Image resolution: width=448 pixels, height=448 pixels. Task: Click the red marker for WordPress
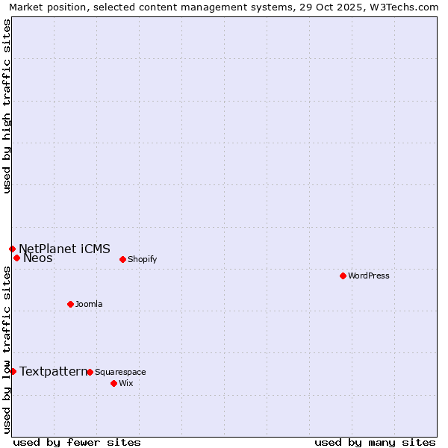click(x=343, y=276)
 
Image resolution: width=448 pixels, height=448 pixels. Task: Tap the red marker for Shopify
click(x=122, y=259)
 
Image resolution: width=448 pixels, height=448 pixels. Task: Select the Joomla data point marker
click(x=70, y=304)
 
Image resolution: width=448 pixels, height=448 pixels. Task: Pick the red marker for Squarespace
click(x=90, y=372)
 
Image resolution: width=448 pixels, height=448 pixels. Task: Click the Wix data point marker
click(x=113, y=383)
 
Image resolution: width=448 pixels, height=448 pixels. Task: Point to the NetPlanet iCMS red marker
click(x=12, y=249)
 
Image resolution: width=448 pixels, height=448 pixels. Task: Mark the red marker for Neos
click(x=16, y=258)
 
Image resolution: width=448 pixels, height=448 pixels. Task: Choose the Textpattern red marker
click(x=13, y=371)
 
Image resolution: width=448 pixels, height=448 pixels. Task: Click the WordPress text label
click(x=369, y=276)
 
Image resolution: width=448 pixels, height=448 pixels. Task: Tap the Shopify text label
click(x=142, y=259)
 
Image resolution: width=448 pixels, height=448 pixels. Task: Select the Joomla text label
click(x=89, y=304)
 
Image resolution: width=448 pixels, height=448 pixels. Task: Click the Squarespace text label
click(x=120, y=372)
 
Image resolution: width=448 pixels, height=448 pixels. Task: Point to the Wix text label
click(x=125, y=383)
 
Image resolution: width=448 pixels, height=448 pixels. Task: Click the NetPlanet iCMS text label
click(x=64, y=249)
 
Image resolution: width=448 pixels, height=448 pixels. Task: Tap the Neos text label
click(x=38, y=258)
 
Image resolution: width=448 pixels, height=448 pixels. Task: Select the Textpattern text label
click(x=53, y=371)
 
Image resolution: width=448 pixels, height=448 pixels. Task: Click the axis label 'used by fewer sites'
click(x=77, y=442)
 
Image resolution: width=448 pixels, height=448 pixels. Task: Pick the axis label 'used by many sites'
click(x=375, y=442)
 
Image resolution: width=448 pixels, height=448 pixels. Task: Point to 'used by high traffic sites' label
click(x=7, y=106)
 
